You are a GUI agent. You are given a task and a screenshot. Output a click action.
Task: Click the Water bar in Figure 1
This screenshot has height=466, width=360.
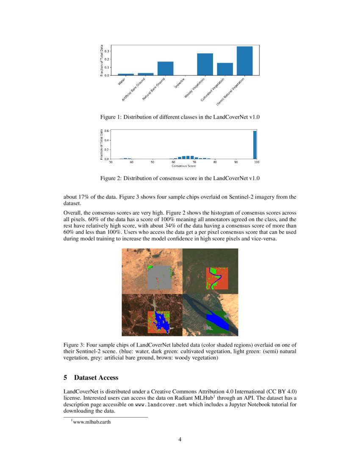[x=125, y=75]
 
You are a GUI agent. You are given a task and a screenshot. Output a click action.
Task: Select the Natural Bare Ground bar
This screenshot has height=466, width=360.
[x=165, y=69]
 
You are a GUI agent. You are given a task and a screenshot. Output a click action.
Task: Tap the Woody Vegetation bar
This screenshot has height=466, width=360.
[x=205, y=64]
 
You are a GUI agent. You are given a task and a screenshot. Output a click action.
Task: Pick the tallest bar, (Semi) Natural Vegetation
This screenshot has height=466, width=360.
[x=244, y=61]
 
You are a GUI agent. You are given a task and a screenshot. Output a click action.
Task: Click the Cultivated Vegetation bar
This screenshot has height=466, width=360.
[x=225, y=69]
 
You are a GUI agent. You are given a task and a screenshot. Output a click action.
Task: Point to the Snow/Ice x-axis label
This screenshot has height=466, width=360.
[x=180, y=83]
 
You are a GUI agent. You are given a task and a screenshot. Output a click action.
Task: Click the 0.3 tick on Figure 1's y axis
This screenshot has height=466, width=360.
[x=108, y=51]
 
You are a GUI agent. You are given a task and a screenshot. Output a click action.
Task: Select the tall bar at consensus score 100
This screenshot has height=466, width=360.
[x=255, y=145]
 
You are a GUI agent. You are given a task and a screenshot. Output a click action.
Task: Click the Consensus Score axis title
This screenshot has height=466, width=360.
[x=183, y=166]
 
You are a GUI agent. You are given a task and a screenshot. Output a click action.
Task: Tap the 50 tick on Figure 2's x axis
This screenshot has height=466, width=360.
[x=152, y=162]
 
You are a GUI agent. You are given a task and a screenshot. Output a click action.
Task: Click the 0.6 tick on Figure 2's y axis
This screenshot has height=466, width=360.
[x=107, y=131]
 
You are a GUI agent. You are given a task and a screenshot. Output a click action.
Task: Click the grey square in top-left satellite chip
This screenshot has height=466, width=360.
[x=159, y=277]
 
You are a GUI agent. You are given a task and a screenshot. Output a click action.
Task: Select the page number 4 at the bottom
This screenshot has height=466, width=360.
[x=180, y=439]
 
